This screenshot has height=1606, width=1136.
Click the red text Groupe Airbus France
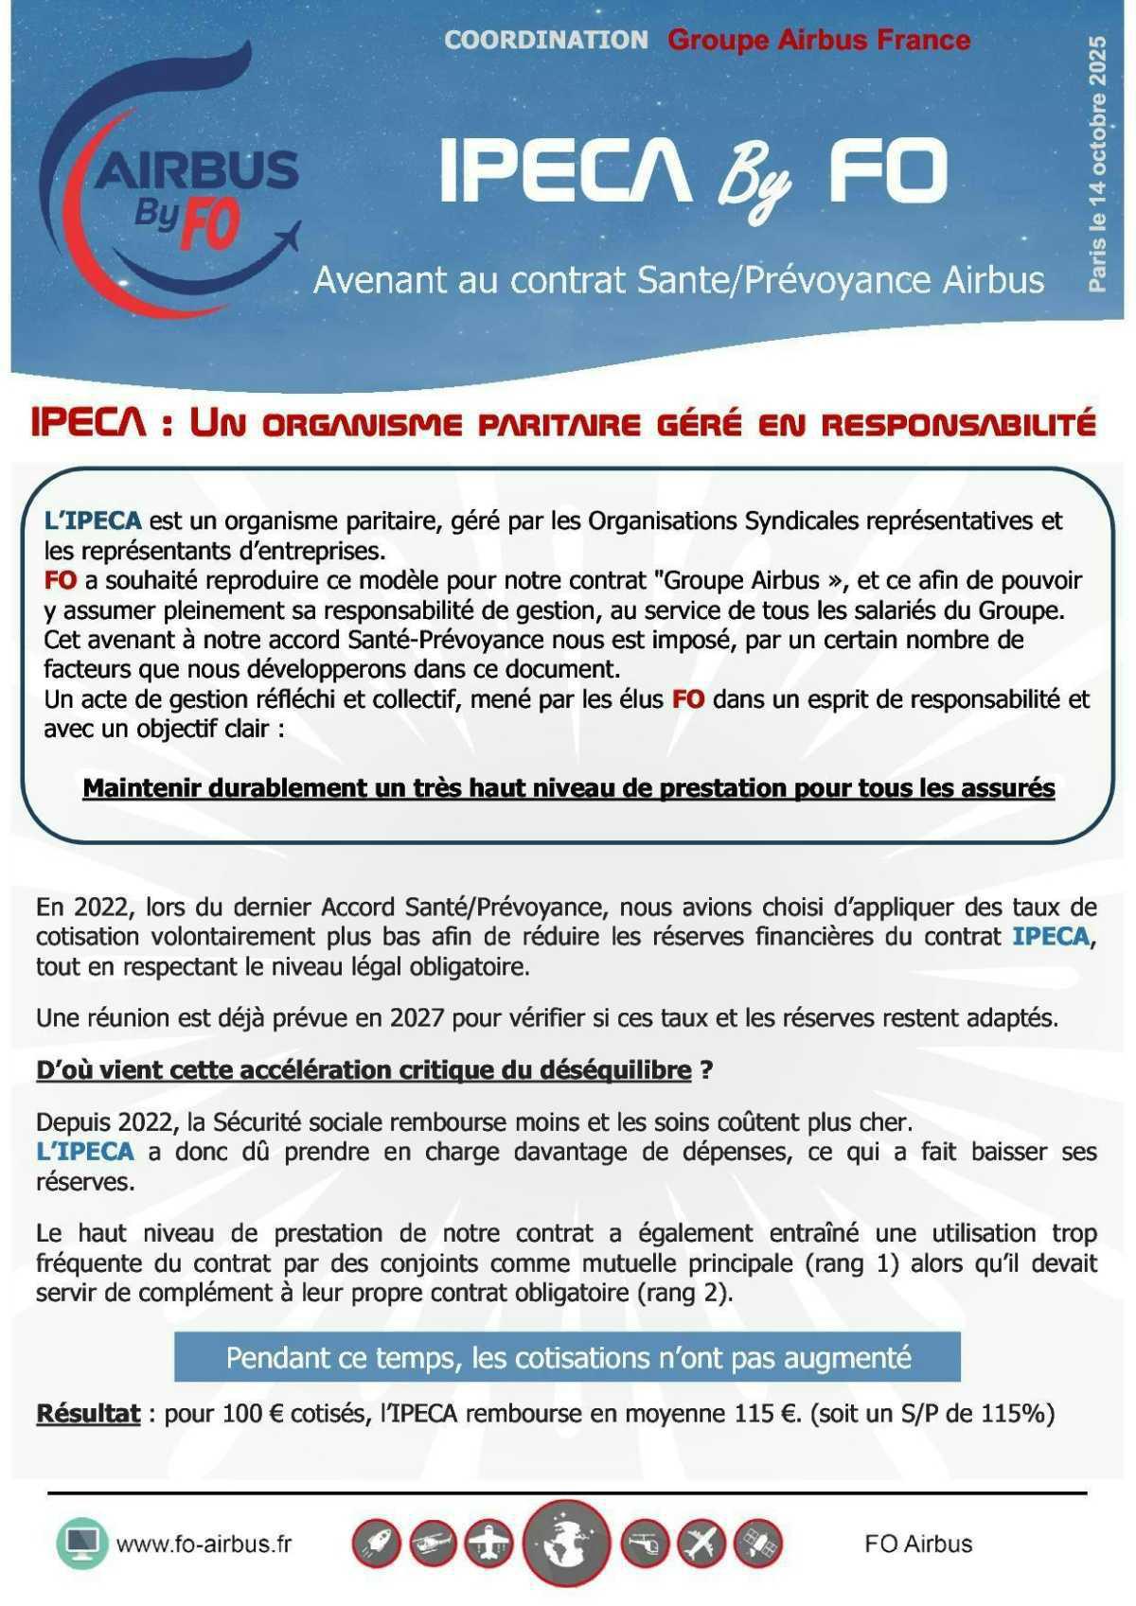click(819, 40)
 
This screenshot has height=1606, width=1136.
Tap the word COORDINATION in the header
click(546, 40)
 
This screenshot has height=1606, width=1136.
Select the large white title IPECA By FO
click(693, 172)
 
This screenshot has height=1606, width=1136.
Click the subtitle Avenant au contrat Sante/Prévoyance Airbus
click(679, 280)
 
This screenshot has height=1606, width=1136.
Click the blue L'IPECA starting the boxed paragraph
click(93, 521)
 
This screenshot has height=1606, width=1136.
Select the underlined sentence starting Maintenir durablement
click(568, 787)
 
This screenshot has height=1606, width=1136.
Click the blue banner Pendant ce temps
click(567, 1358)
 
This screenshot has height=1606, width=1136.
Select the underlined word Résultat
click(88, 1414)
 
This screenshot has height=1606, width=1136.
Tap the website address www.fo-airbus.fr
click(204, 1544)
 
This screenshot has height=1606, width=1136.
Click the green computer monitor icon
click(83, 1544)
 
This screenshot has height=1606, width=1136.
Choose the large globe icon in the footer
click(567, 1543)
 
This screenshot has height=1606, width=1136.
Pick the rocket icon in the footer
click(377, 1544)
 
